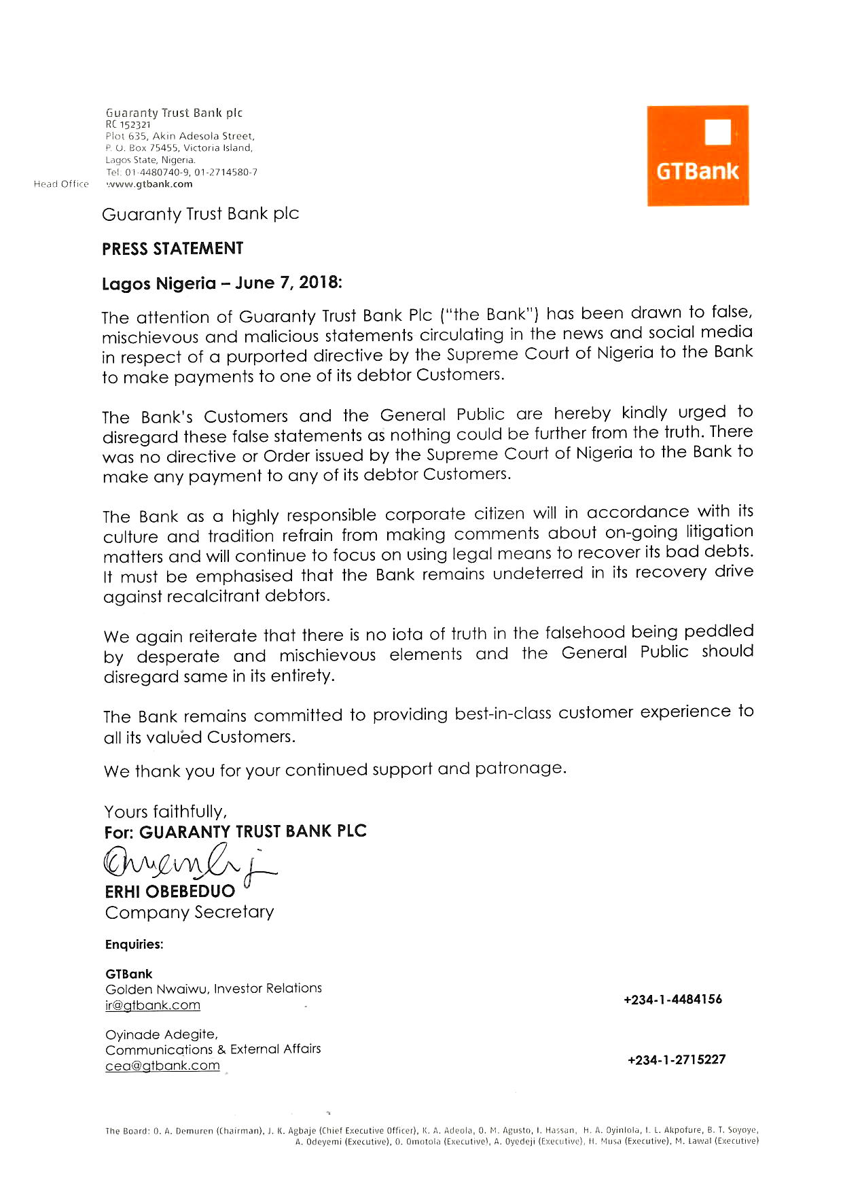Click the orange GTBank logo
tap(698, 156)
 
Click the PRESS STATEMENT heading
tap(173, 249)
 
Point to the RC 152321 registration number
tap(128, 124)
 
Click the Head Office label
tap(61, 184)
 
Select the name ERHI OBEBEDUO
tap(170, 891)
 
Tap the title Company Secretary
tap(190, 912)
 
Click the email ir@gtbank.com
tap(153, 1005)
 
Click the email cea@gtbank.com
tap(162, 1066)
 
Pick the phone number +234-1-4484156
tap(672, 1000)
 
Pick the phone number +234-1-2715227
tap(677, 1059)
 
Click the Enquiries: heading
tap(134, 945)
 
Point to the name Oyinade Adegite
tap(162, 1034)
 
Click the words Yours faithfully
tap(166, 811)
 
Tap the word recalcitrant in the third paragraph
tap(213, 597)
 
